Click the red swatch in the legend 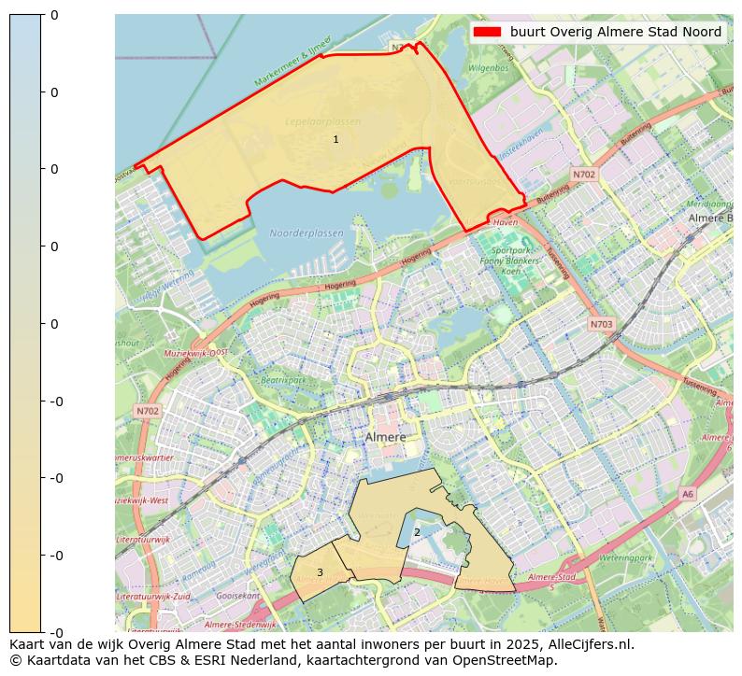point(487,32)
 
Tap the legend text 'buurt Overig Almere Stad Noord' point(615,32)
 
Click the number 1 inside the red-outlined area point(335,139)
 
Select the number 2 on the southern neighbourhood point(417,532)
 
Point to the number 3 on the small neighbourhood point(320,572)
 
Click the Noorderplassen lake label point(306,233)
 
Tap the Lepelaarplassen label point(322,122)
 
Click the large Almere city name point(385,437)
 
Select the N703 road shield point(602,324)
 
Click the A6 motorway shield point(688,494)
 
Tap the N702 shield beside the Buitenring point(584,175)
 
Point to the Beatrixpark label point(283,380)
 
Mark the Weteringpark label point(625,557)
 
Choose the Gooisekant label point(237,595)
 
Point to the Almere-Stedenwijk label point(240,625)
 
